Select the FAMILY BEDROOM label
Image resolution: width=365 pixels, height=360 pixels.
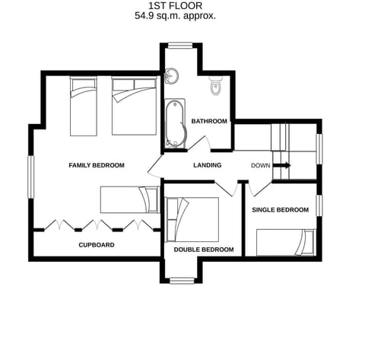coord(96,165)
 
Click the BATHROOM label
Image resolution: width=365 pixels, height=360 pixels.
coord(208,121)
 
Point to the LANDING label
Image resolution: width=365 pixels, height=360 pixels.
coord(208,165)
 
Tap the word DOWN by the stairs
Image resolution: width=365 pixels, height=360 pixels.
coord(260,165)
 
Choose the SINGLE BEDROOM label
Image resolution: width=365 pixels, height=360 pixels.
coord(281,209)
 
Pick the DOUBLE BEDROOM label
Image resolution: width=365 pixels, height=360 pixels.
coord(203,250)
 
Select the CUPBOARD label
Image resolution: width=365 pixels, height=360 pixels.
coord(97,245)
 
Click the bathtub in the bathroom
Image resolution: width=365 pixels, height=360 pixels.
coord(176,124)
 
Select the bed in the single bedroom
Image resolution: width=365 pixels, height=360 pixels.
coord(285,242)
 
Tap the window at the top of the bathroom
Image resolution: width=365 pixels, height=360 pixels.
coord(181,43)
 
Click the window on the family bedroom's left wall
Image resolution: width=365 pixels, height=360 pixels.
coord(30,181)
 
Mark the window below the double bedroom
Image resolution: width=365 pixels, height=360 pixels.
coord(181,280)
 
